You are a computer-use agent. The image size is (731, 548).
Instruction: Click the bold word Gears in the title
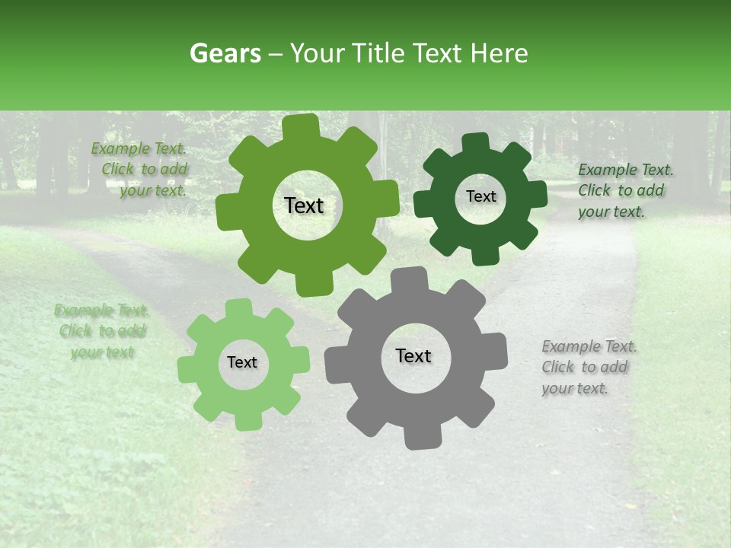225,53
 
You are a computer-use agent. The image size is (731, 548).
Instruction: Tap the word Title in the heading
381,53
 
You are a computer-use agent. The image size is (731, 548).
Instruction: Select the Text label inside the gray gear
413,356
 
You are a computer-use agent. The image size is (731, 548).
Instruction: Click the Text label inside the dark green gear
480,196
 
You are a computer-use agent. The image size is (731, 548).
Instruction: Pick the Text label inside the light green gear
242,363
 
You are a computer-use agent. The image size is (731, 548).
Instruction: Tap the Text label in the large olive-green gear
304,205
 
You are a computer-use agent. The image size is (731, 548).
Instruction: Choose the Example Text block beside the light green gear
101,331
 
